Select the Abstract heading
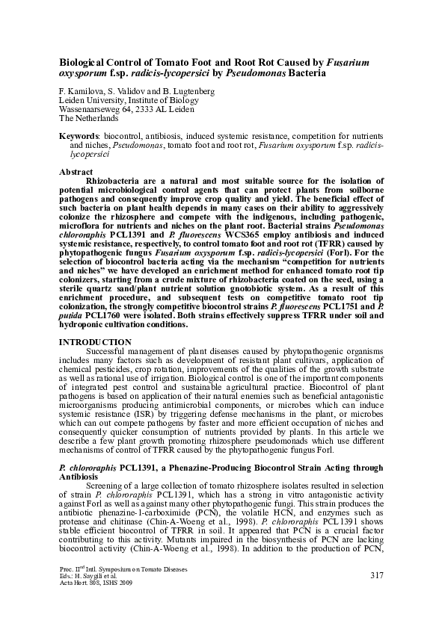tap(76, 172)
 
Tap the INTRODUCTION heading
tap(93, 341)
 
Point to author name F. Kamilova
tap(81, 91)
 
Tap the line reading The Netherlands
tap(88, 118)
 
